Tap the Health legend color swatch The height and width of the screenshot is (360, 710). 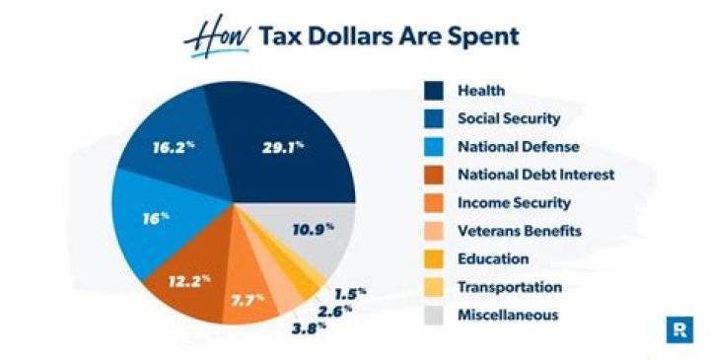tap(434, 91)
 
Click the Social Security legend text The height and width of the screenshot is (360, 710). tap(509, 118)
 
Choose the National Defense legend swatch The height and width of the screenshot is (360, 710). tap(434, 147)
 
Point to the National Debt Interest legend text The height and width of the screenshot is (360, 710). tap(523, 175)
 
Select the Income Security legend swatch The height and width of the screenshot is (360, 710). tap(434, 203)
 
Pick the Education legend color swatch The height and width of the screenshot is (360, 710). tap(434, 259)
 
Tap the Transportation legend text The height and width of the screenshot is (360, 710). tap(509, 287)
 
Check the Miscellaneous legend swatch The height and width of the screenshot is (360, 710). tap(434, 316)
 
